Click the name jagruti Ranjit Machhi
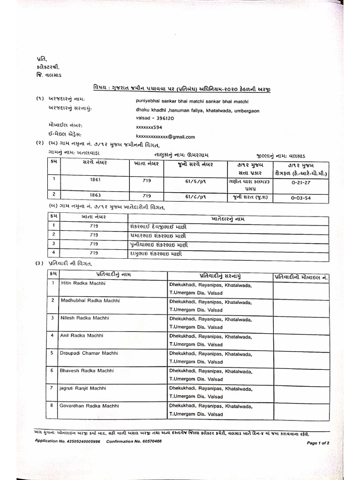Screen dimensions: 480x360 (83, 388)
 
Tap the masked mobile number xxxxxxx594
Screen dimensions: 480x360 (149, 127)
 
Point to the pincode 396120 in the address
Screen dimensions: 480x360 (162, 119)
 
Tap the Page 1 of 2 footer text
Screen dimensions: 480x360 (318, 442)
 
